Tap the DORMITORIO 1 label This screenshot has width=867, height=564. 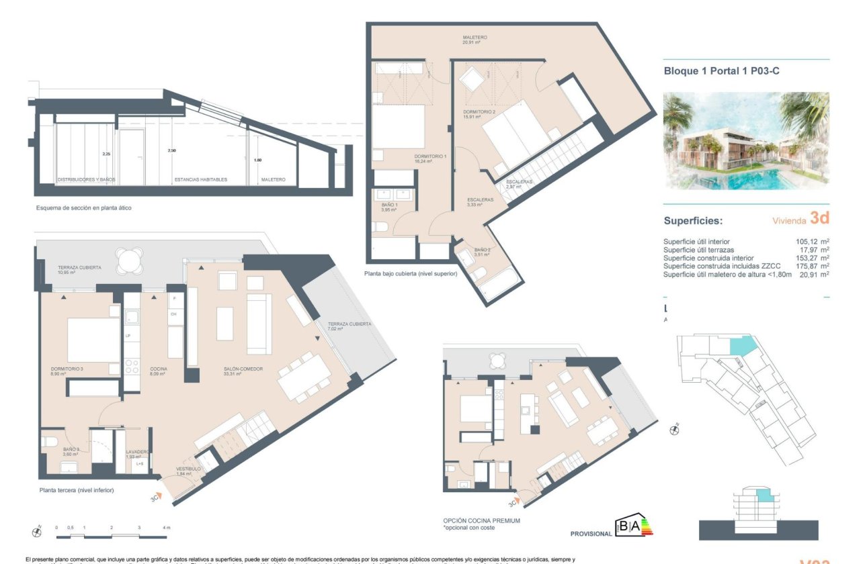click(431, 158)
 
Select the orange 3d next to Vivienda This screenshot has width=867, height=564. click(819, 218)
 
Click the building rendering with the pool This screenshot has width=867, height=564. click(746, 140)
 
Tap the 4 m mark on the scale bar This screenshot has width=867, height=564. click(166, 528)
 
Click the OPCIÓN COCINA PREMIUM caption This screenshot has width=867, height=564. click(481, 521)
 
